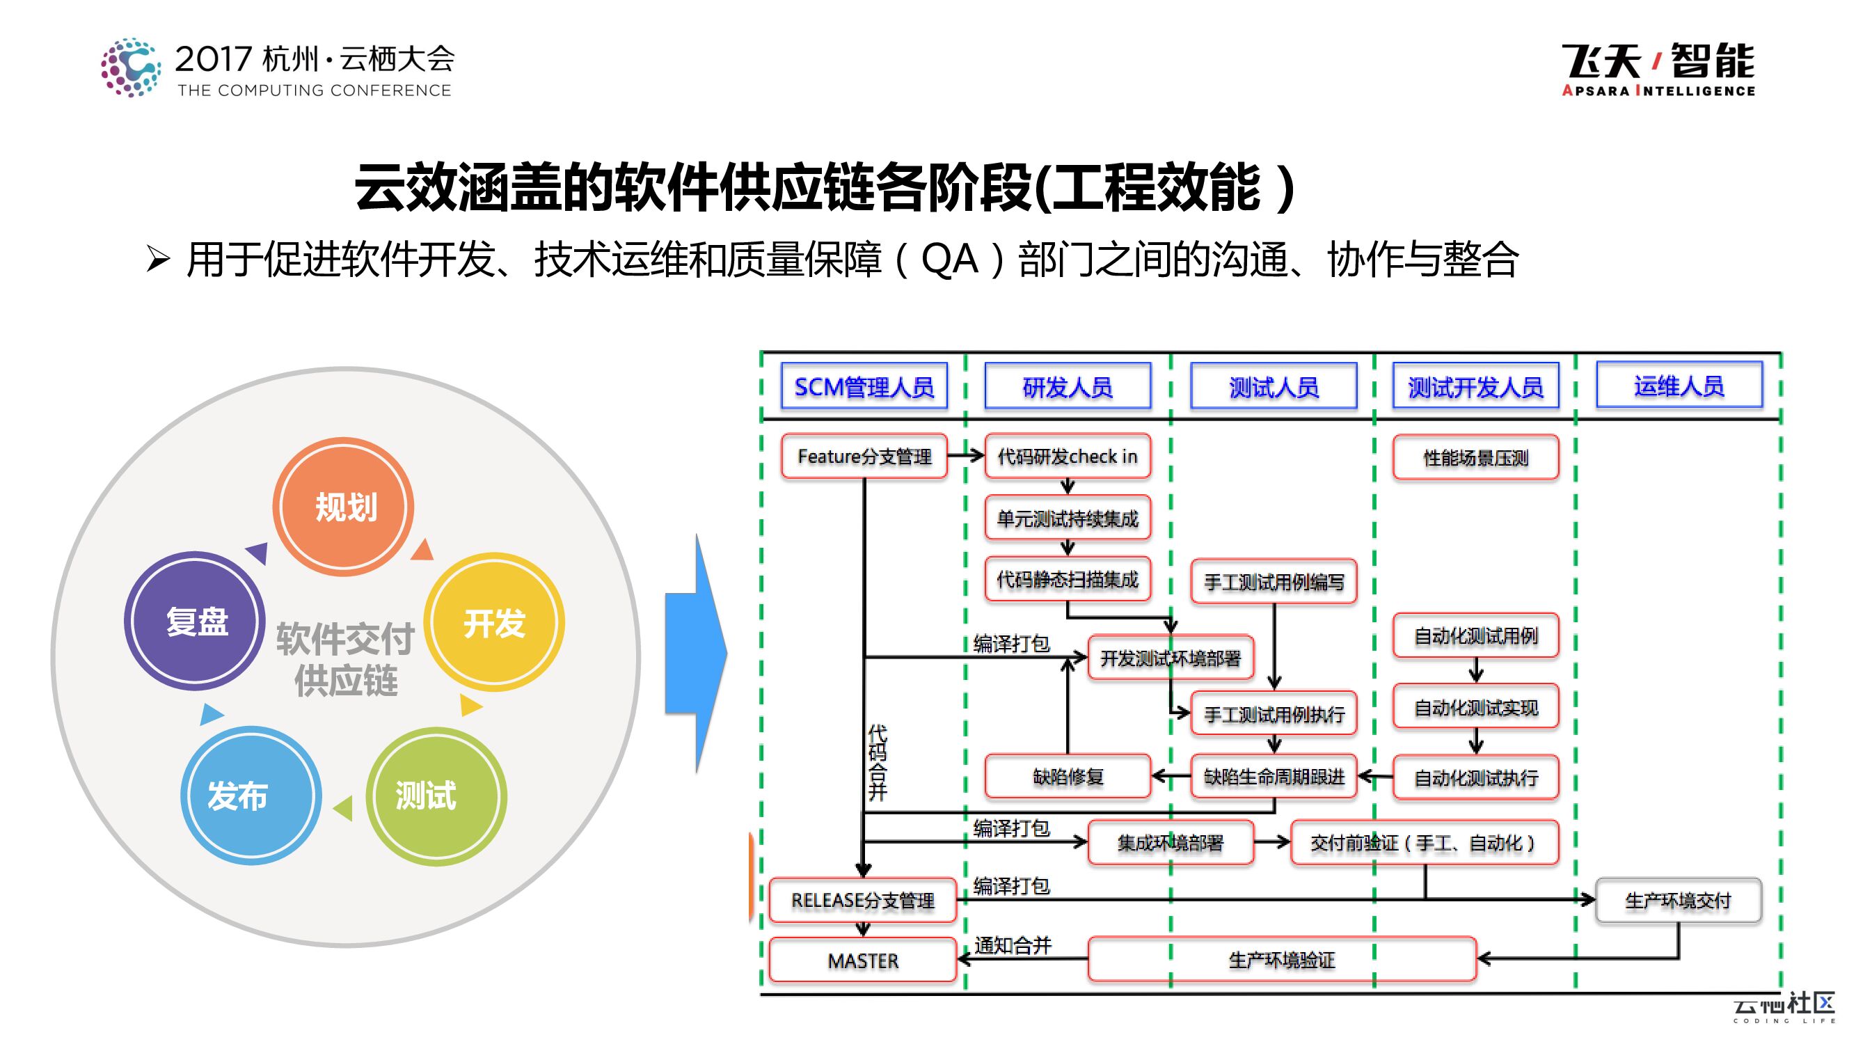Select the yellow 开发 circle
pyautogui.click(x=494, y=622)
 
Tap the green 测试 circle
pyautogui.click(x=436, y=796)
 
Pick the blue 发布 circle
pyautogui.click(x=251, y=796)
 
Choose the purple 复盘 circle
pyautogui.click(x=195, y=621)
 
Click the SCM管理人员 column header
pyautogui.click(x=864, y=387)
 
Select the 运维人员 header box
pyautogui.click(x=1679, y=386)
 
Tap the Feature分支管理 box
pyautogui.click(x=864, y=456)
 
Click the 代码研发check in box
pyautogui.click(x=1067, y=456)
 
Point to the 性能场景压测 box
pyautogui.click(x=1475, y=457)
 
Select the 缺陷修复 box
pyautogui.click(x=1067, y=777)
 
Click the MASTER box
pyautogui.click(x=862, y=960)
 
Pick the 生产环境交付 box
pyautogui.click(x=1678, y=901)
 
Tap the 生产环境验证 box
pyautogui.click(x=1282, y=960)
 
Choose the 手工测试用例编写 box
pyautogui.click(x=1274, y=581)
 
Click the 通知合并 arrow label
pyautogui.click(x=1013, y=944)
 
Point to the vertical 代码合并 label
pyautogui.click(x=878, y=763)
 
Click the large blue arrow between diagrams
pyautogui.click(x=696, y=654)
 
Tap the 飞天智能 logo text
pyautogui.click(x=1658, y=68)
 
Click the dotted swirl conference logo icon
pyautogui.click(x=130, y=68)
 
